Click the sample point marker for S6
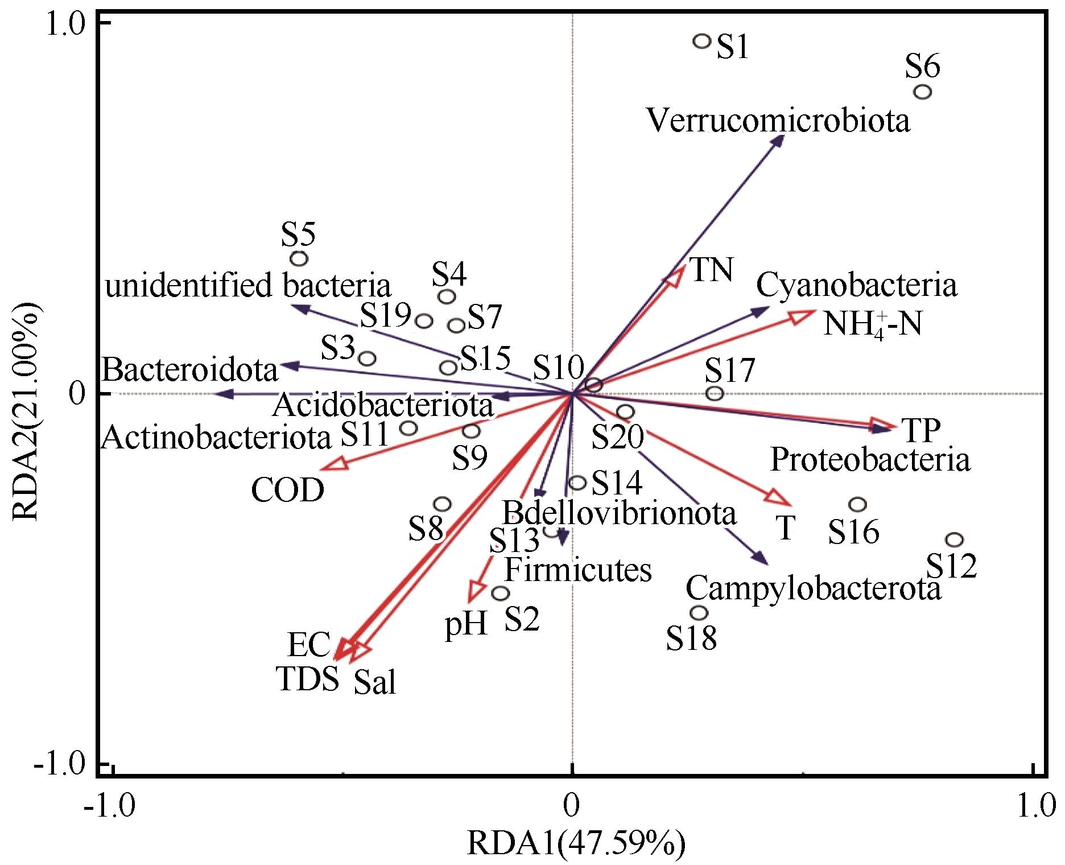923,92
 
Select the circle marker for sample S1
702,41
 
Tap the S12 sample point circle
955,539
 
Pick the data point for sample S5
299,258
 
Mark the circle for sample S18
699,613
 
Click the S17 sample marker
715,393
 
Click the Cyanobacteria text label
856,286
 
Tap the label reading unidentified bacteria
249,287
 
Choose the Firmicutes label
578,570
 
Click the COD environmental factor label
288,491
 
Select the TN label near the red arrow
711,270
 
